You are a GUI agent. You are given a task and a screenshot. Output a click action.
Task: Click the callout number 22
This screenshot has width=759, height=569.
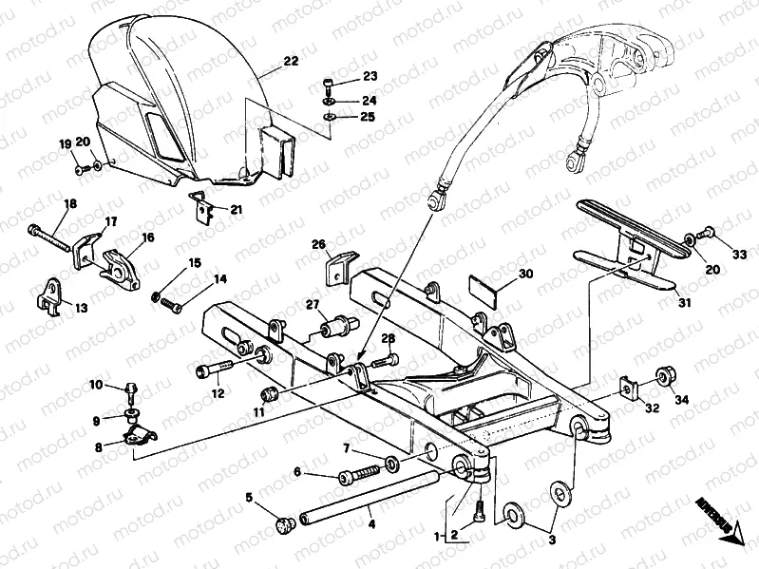pos(290,61)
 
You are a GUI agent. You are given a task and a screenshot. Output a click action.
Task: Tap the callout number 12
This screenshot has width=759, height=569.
pos(217,393)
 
